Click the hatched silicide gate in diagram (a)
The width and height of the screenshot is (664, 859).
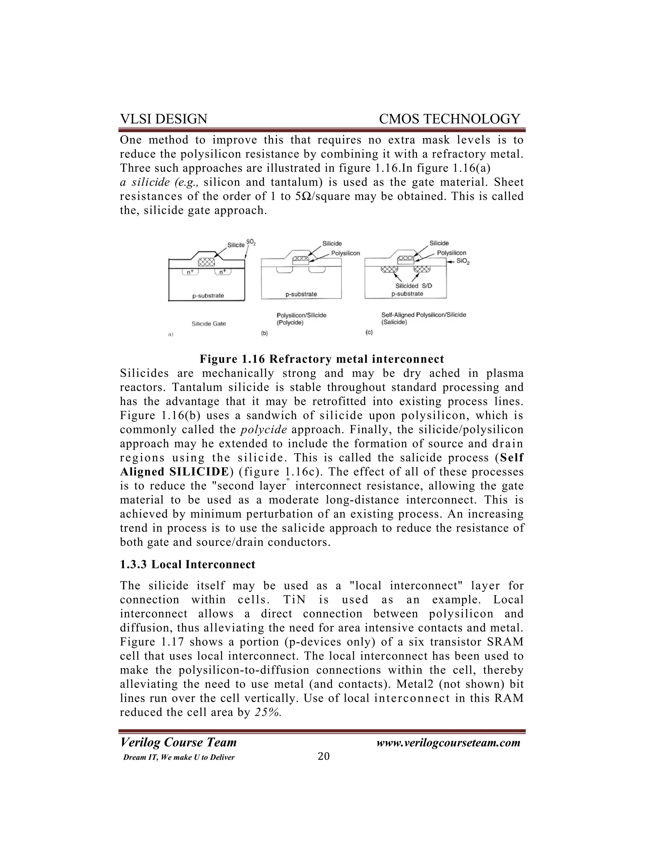coord(207,262)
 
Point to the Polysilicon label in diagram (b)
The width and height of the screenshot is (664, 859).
coord(345,253)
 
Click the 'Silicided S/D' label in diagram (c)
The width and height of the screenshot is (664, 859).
coord(413,286)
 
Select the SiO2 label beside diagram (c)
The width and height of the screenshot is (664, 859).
coord(463,262)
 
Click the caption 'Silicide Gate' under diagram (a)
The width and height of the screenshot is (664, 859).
coord(208,324)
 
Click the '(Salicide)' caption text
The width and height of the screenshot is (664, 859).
coord(394,322)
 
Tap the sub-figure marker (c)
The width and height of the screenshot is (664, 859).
coord(369,332)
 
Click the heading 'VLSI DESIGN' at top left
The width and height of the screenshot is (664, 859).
coord(163,119)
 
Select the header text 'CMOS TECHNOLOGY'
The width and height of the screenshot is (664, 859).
coord(449,119)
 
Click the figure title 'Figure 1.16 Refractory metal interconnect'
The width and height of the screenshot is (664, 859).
coord(322,359)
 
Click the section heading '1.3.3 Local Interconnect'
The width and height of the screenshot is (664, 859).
coord(187,564)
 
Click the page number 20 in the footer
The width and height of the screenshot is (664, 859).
coord(323,756)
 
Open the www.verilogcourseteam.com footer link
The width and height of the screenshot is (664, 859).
coord(448,743)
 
